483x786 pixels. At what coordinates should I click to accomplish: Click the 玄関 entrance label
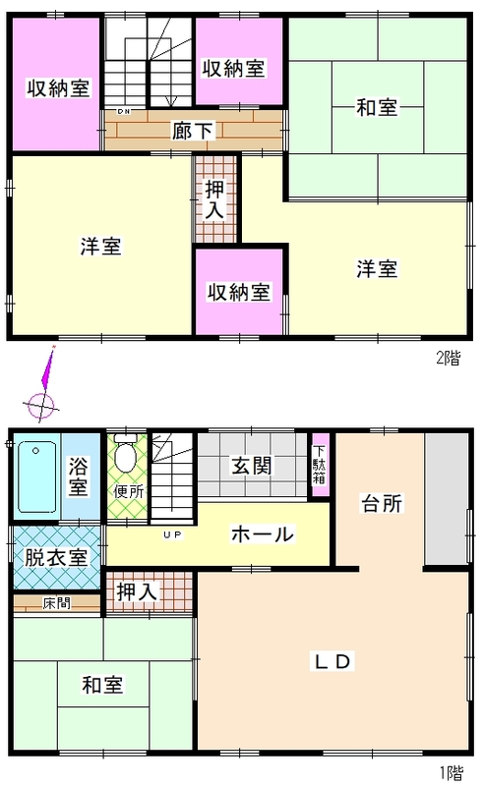point(252,465)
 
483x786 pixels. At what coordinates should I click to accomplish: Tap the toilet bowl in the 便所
point(126,453)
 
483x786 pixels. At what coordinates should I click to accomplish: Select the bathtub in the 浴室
point(36,477)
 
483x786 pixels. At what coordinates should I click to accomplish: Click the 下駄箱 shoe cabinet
point(320,465)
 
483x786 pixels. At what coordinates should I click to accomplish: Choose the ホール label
point(262,534)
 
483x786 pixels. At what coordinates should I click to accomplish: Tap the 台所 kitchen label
point(382,503)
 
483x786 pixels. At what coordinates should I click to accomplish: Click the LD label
point(332,661)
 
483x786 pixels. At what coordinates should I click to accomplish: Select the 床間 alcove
point(57,603)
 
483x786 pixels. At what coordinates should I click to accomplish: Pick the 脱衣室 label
point(56,557)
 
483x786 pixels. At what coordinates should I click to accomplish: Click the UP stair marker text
point(173,534)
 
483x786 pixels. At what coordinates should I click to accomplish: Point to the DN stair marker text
point(124,111)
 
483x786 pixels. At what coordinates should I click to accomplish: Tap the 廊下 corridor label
point(194,131)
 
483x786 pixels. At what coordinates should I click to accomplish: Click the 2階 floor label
point(448,358)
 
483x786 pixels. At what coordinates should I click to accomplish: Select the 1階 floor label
point(451,773)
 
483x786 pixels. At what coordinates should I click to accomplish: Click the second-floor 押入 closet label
point(214,199)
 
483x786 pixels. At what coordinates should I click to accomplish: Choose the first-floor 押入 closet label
point(137,592)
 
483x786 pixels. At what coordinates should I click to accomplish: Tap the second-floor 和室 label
point(377,107)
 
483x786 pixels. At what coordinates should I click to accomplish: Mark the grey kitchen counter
point(447,500)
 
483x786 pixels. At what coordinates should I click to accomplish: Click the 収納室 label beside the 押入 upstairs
point(239,292)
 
